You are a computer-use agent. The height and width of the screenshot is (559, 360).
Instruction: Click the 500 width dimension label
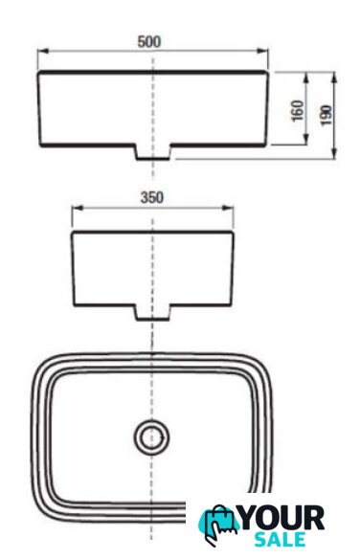point(149,42)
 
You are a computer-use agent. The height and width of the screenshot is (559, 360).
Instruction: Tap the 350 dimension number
point(152,197)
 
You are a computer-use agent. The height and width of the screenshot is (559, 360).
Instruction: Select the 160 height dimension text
point(298,110)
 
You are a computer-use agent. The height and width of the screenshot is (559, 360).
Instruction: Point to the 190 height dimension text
point(326,115)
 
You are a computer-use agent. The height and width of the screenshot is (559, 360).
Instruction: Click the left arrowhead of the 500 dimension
point(43,51)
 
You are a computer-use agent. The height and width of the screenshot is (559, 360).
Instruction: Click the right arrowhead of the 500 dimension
point(262,51)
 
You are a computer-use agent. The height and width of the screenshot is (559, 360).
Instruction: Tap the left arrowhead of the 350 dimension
point(78,209)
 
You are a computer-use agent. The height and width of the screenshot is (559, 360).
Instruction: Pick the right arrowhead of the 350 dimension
point(228,209)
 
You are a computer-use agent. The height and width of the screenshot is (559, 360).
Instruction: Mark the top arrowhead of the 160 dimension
point(305,78)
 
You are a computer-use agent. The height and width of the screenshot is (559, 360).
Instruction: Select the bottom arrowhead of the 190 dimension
point(333,153)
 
